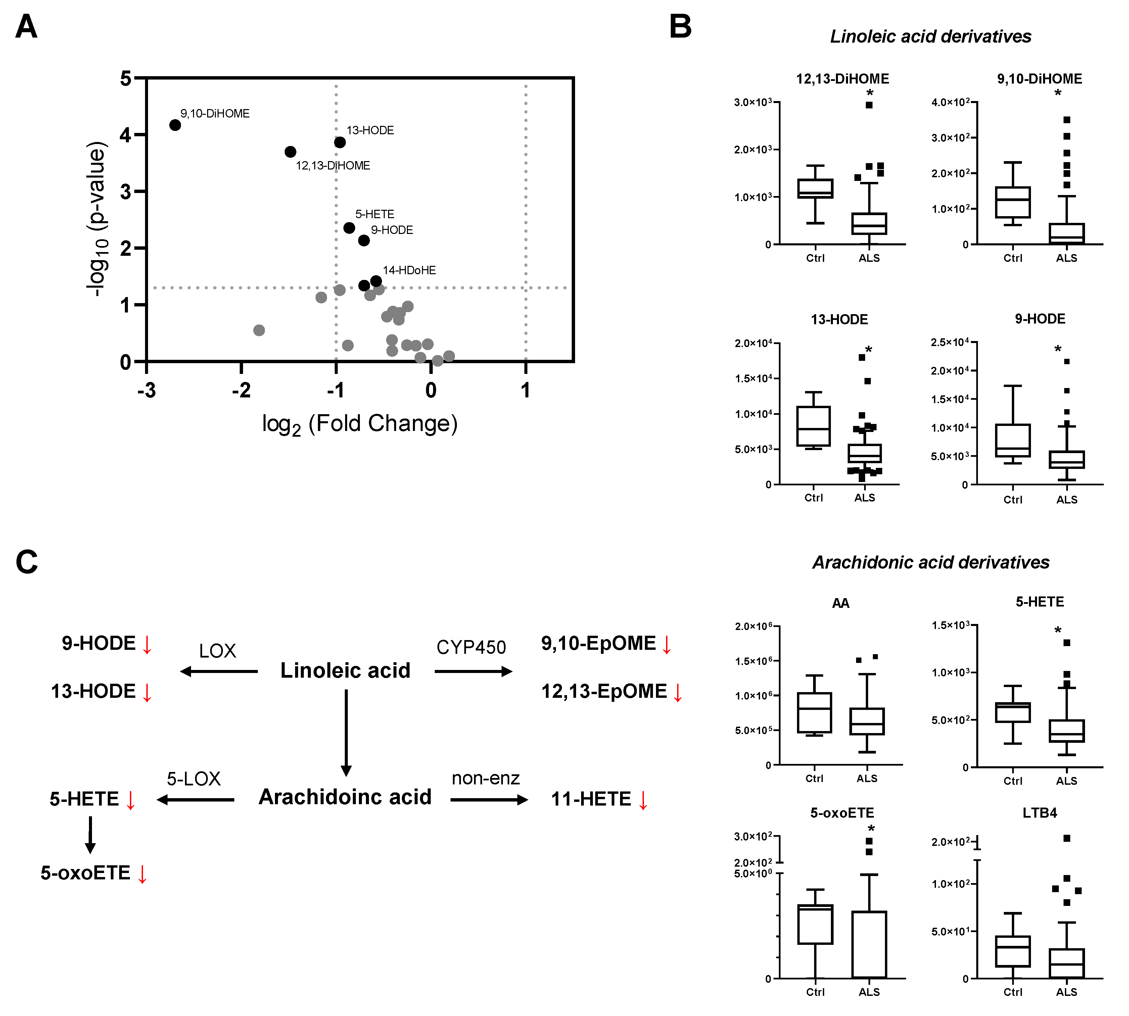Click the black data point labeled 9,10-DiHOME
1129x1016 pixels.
coord(175,125)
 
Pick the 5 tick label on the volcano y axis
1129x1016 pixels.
coord(126,78)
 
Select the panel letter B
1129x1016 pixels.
coord(680,27)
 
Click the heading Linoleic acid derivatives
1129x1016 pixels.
coord(930,36)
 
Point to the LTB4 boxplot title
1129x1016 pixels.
coord(1040,813)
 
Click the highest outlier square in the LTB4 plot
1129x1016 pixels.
coord(1067,838)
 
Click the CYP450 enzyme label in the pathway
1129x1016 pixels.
coord(471,647)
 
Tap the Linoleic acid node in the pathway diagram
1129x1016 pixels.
coord(345,670)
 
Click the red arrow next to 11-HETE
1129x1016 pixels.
coord(643,800)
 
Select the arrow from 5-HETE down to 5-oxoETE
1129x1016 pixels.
coord(90,834)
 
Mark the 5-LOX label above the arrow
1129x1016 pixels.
coord(194,779)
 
